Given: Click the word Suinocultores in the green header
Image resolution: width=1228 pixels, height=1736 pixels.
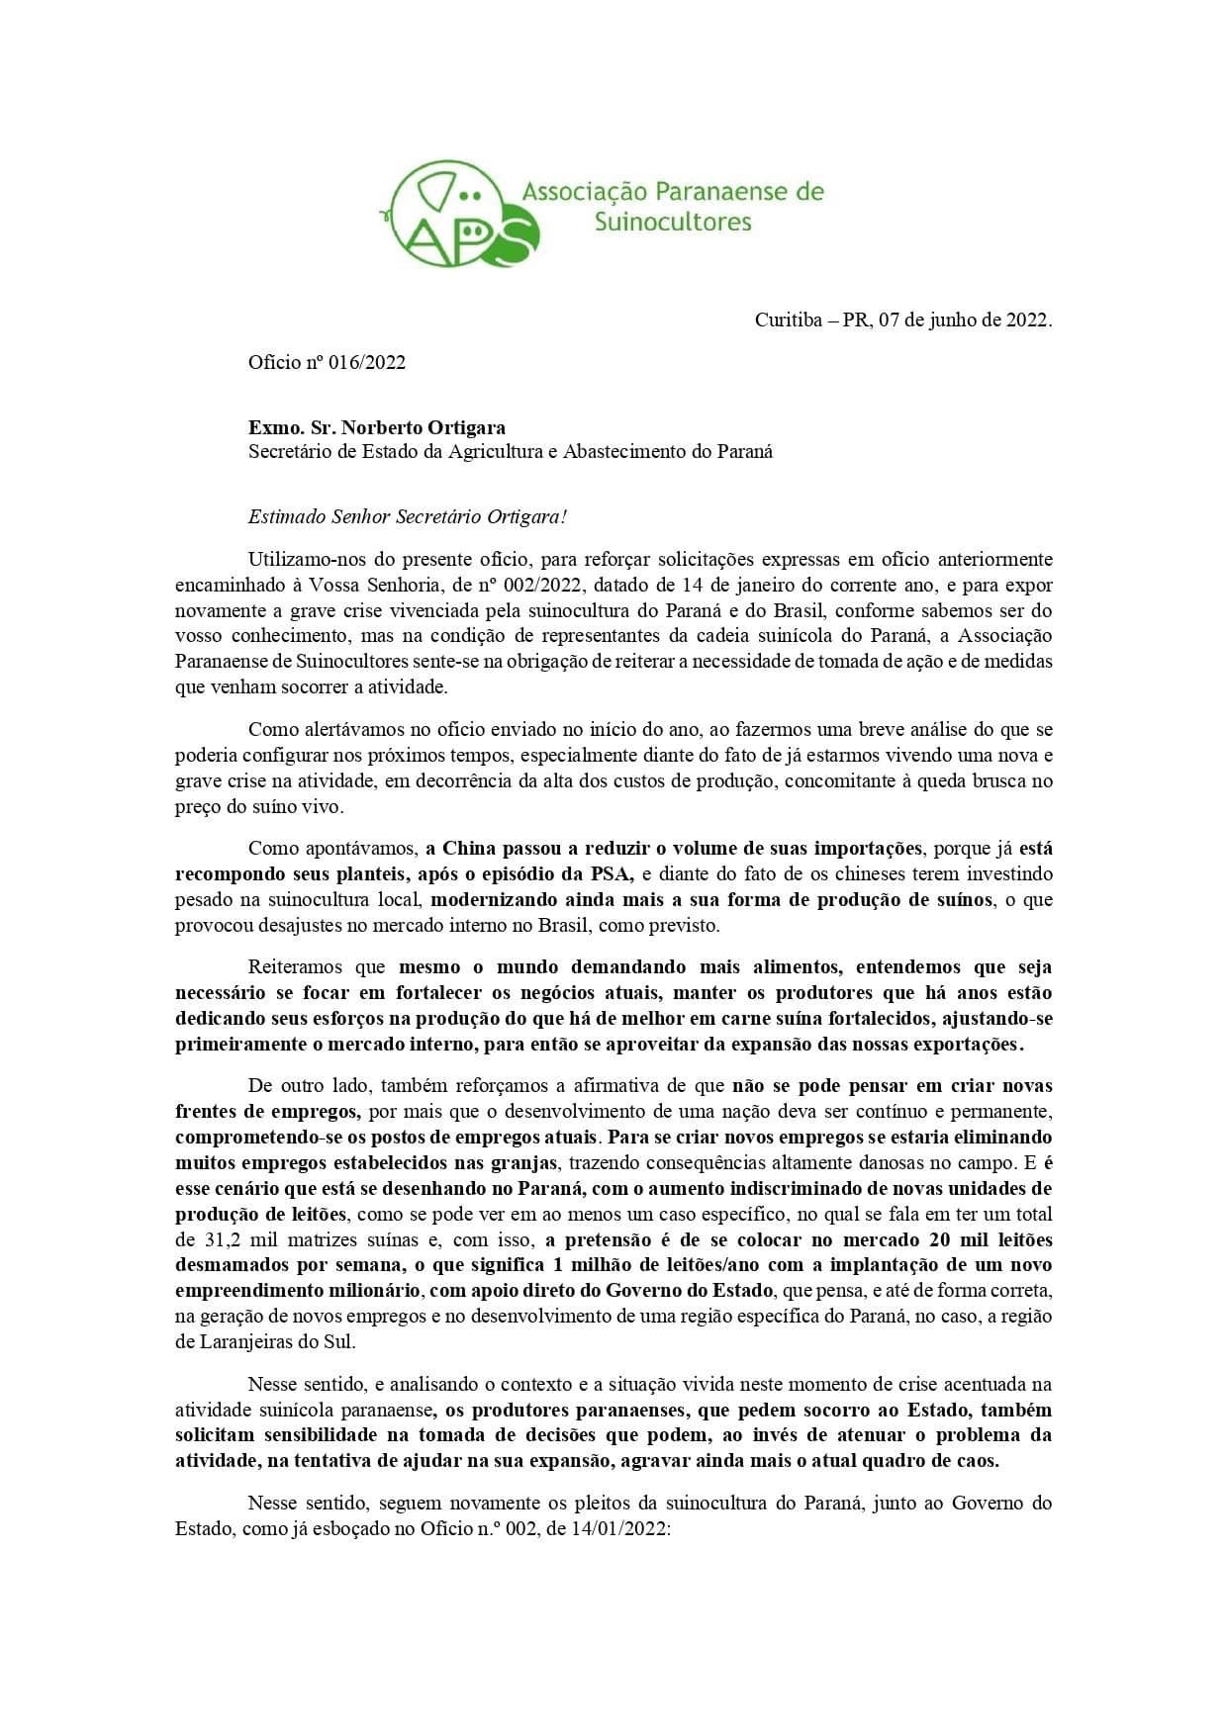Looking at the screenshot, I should (673, 222).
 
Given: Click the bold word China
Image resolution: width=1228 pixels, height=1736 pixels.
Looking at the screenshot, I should (470, 849).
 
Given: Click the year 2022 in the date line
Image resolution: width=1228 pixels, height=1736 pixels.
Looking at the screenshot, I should (1028, 320).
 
